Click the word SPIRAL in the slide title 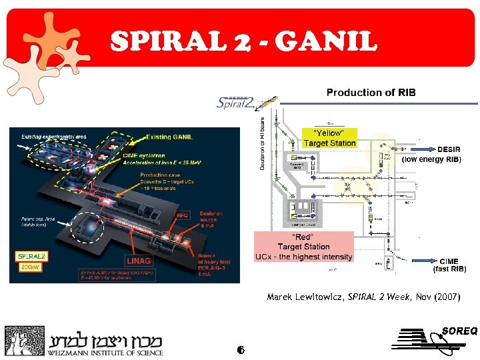pos(167,41)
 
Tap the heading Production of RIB pos(371,93)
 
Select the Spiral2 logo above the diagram pos(241,103)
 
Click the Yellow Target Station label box pos(329,139)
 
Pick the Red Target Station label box pos(303,247)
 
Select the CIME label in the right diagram pos(449,261)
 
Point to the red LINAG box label pos(139,260)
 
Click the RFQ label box pos(182,215)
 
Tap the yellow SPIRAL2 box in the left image pos(32,256)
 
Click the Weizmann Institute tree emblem pos(24,341)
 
